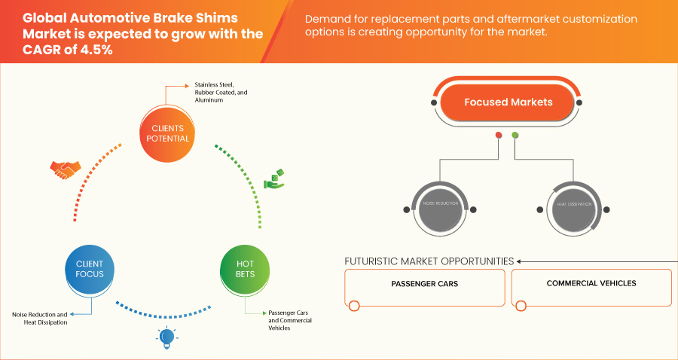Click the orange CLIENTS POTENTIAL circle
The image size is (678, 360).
point(165,133)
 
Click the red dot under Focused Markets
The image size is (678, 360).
point(498,136)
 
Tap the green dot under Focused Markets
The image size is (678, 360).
point(515,136)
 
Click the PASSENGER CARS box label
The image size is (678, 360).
point(424,284)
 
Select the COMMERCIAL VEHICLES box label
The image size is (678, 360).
point(591,284)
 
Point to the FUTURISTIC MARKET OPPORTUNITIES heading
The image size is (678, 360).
point(429,261)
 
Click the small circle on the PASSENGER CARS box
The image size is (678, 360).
point(354,305)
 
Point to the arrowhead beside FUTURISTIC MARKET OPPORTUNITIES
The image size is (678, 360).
point(519,261)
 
